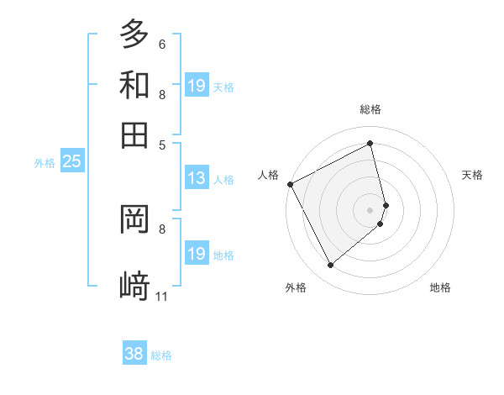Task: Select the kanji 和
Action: tap(134, 85)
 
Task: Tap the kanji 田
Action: tap(134, 134)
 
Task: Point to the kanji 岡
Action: tap(134, 220)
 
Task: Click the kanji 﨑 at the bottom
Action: tap(134, 286)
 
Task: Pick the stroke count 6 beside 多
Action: tap(162, 44)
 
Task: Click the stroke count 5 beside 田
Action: tap(162, 145)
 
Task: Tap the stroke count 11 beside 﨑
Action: tap(162, 296)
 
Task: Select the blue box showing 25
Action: tap(71, 161)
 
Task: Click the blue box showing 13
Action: tap(197, 178)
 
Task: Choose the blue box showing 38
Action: tap(134, 354)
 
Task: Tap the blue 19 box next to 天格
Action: tap(197, 85)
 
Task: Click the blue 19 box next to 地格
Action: tap(197, 253)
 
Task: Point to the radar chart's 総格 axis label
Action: tap(370, 109)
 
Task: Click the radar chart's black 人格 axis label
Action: tap(268, 175)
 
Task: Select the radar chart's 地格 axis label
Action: tap(440, 287)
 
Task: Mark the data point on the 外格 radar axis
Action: tap(330, 266)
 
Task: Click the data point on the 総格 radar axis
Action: tap(370, 143)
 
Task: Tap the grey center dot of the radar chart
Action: tap(370, 209)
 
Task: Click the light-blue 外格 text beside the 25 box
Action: tap(45, 162)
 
